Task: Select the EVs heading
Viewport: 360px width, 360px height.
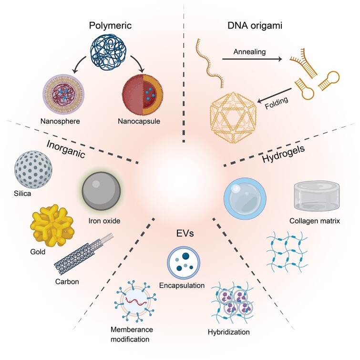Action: pos(183,234)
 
